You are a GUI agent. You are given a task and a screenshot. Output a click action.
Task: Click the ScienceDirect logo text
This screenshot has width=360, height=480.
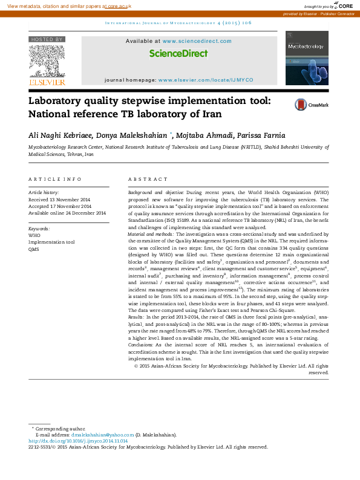[178, 53]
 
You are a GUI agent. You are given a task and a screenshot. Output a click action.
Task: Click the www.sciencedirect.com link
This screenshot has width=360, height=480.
[197, 41]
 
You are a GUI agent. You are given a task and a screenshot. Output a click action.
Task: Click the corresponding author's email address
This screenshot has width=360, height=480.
[102, 435]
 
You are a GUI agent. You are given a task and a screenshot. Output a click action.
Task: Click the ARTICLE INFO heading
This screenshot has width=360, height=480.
[55, 180]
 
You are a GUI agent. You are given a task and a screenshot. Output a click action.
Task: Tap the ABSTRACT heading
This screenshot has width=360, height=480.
[148, 180]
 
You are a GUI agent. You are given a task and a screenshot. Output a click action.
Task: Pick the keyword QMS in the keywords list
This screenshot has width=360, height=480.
[34, 249]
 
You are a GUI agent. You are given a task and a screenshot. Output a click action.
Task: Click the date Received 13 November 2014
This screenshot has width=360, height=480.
[60, 199]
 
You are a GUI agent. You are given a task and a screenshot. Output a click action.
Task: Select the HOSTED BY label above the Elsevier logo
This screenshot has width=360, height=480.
[46, 39]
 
